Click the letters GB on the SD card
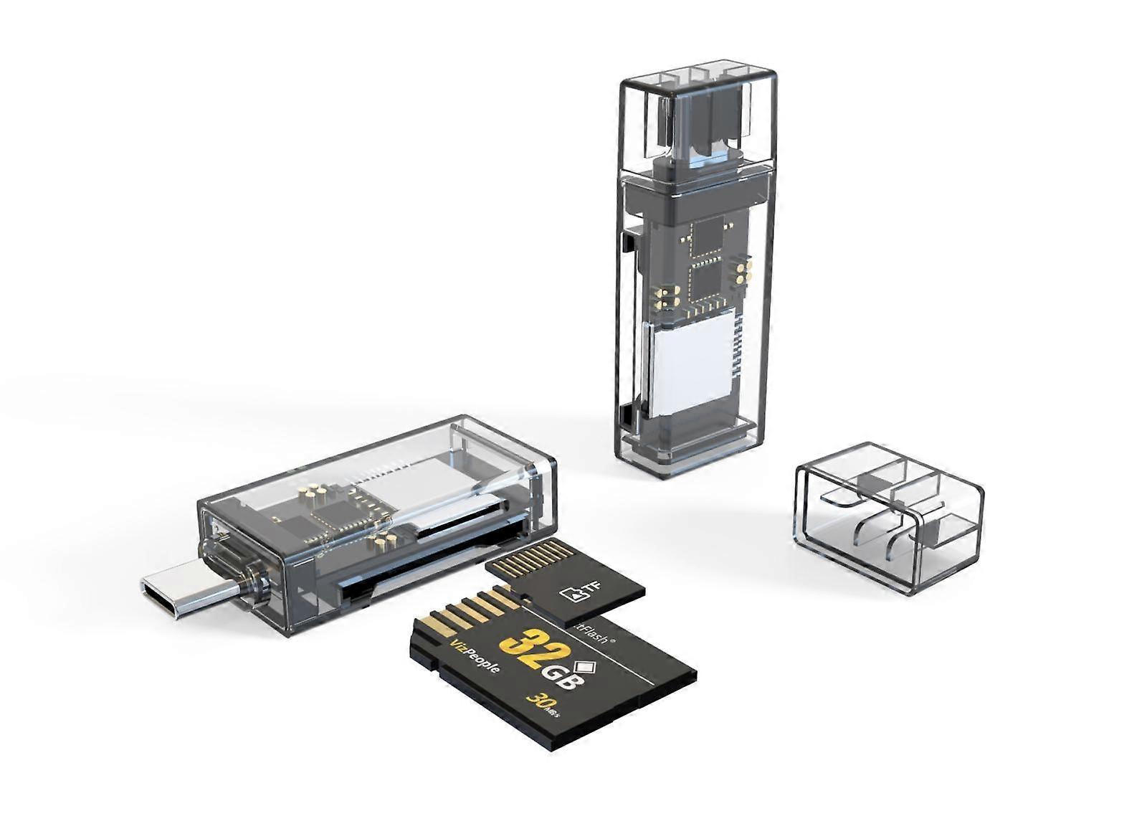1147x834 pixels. coord(560,677)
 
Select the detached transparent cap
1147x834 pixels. coord(889,516)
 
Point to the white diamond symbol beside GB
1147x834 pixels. coord(581,661)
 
